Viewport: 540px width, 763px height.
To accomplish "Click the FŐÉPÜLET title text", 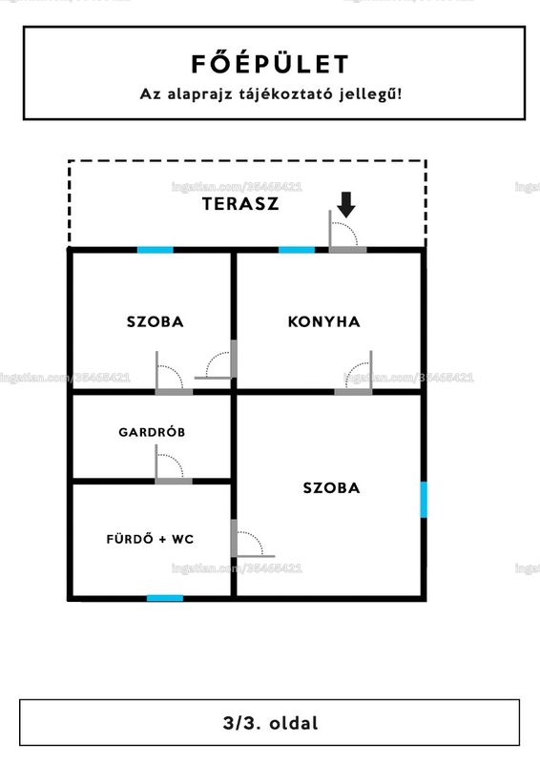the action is (x=270, y=64).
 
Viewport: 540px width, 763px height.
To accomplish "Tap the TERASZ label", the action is (x=240, y=203).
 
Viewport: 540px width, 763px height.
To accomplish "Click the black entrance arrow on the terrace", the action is (x=345, y=204).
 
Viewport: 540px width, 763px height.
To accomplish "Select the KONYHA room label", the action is (x=323, y=321).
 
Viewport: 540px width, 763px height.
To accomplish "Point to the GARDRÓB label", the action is (x=152, y=432).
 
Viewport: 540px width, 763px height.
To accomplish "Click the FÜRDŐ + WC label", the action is (x=150, y=539).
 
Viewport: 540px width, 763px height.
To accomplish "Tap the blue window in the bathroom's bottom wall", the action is (x=165, y=598).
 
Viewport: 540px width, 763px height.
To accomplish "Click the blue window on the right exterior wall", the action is (x=424, y=500).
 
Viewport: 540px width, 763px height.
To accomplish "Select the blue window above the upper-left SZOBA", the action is (x=156, y=250).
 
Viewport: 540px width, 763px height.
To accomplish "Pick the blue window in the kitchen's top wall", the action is (x=297, y=250).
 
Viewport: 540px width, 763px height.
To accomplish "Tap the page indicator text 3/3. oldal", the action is (x=270, y=723).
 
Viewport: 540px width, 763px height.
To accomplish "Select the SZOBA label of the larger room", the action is (x=332, y=488).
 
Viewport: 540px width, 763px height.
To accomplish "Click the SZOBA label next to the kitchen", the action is (x=156, y=321).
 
